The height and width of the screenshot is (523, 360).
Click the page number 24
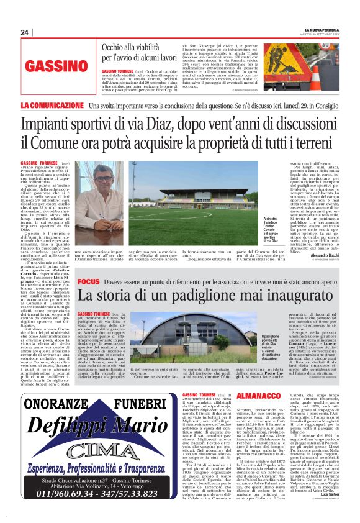[x=25, y=32]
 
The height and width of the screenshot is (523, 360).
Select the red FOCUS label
[x=88, y=283]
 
